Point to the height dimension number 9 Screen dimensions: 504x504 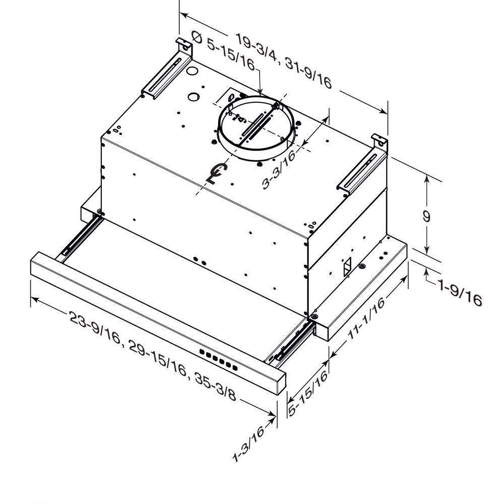pos(426,217)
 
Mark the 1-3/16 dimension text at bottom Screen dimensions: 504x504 pos(249,444)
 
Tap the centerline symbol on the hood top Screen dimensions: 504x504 pos(218,174)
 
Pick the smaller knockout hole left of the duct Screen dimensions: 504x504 pos(194,96)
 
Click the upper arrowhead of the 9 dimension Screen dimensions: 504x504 pos(427,178)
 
